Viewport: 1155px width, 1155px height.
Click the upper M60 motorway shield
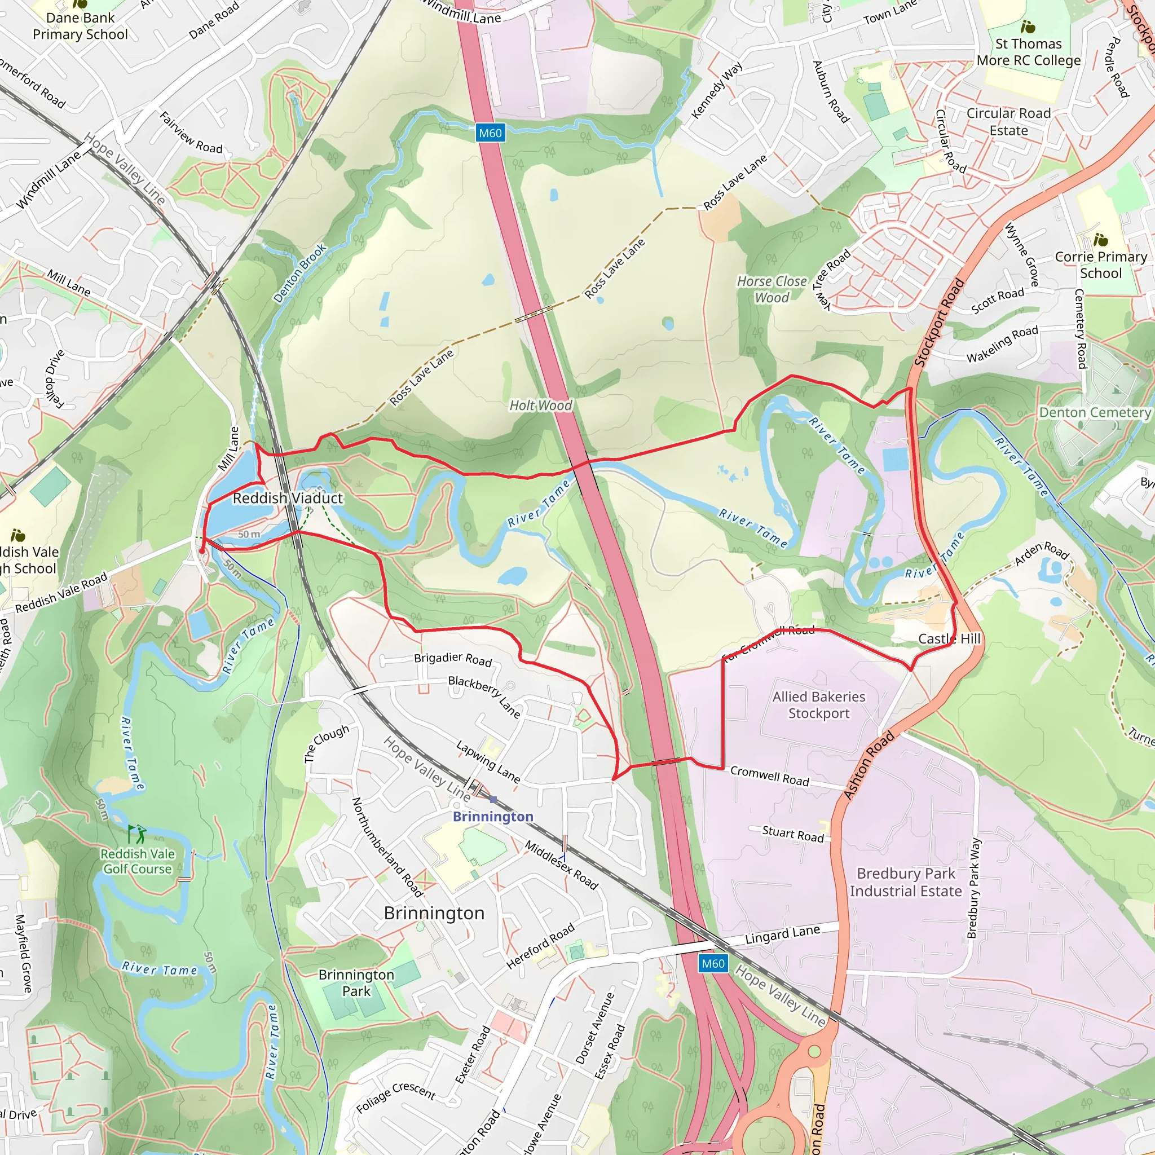[x=491, y=133]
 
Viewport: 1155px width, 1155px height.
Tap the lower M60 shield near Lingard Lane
[x=713, y=963]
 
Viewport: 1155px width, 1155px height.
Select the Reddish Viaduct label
[x=288, y=498]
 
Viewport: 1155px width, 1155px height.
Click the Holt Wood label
[x=540, y=405]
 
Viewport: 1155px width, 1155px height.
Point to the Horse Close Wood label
[x=772, y=289]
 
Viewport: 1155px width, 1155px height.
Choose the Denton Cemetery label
[x=1095, y=412]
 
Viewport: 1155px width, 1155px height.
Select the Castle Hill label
[x=949, y=638]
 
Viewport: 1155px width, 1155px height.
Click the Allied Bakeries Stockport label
[x=818, y=705]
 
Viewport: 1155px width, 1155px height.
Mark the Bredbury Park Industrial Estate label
[x=906, y=883]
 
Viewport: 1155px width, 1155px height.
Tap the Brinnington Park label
[x=356, y=983]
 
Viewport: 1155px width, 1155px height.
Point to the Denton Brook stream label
[x=299, y=273]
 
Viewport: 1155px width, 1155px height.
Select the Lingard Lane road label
[x=782, y=934]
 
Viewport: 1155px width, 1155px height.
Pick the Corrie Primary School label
[x=1101, y=265]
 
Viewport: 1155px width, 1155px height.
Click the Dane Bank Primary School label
[x=80, y=27]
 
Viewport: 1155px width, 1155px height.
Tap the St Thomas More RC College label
[x=1028, y=52]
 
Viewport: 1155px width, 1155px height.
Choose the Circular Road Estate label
[x=1008, y=122]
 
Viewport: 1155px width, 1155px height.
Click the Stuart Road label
[x=793, y=834]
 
